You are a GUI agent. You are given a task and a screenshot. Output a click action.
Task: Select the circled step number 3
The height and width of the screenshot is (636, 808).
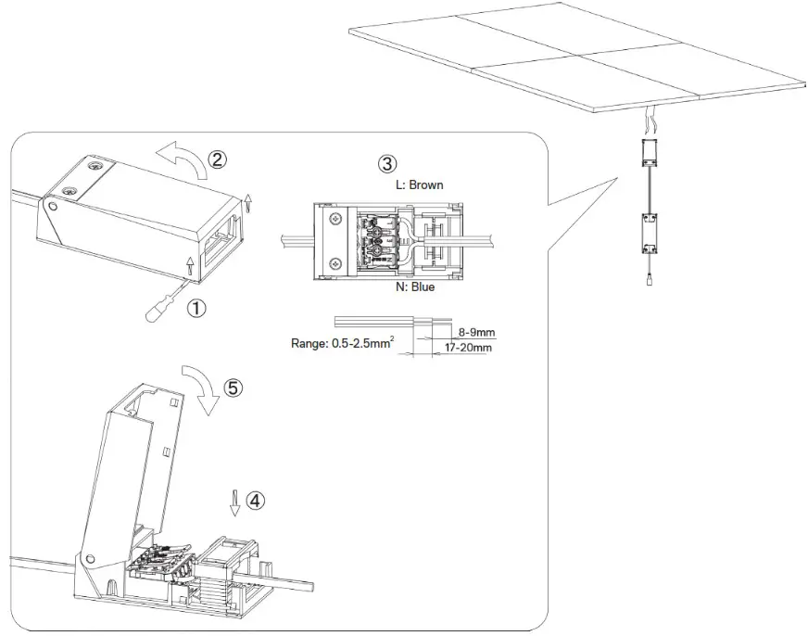pos(387,164)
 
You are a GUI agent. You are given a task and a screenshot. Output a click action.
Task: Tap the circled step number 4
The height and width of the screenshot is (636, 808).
pos(256,500)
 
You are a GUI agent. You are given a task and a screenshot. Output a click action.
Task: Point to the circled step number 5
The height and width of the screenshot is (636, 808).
pos(234,388)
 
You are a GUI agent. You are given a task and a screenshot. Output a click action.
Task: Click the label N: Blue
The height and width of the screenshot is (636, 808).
pos(409,287)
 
